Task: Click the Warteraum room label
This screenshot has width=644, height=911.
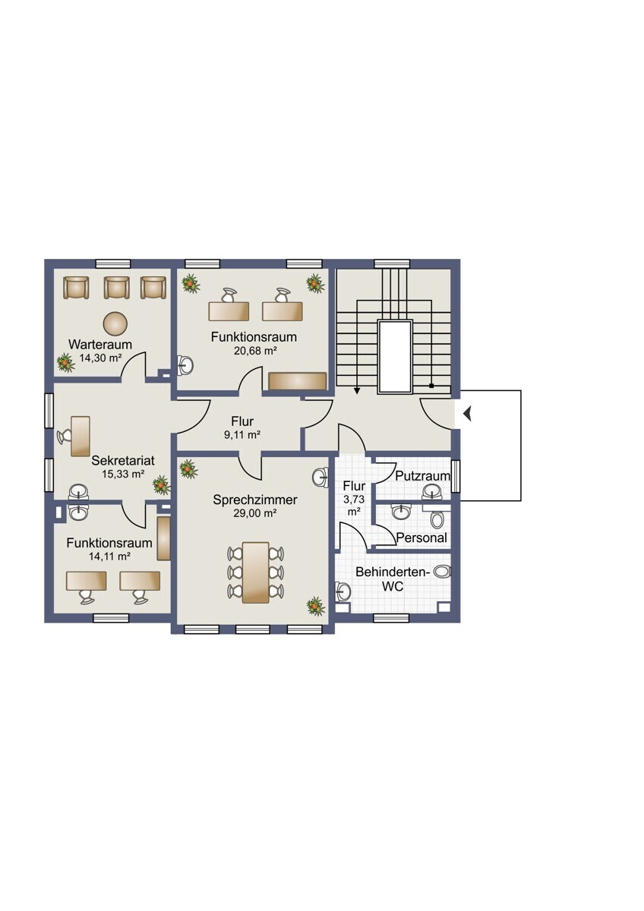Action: pyautogui.click(x=100, y=344)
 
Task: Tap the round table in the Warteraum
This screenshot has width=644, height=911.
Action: pyautogui.click(x=115, y=323)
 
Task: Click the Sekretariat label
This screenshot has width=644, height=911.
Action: pyautogui.click(x=123, y=460)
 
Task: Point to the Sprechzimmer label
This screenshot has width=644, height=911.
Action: pyautogui.click(x=255, y=500)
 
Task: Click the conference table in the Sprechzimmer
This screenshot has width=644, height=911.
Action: pyautogui.click(x=255, y=572)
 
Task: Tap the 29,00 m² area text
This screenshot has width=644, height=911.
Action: pyautogui.click(x=255, y=513)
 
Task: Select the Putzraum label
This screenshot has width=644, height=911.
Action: pyautogui.click(x=423, y=475)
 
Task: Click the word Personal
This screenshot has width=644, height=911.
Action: pyautogui.click(x=421, y=537)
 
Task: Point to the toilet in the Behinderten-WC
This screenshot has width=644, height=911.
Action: pyautogui.click(x=442, y=572)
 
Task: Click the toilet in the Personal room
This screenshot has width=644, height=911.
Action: pyautogui.click(x=437, y=519)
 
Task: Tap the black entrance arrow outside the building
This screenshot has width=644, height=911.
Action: pyautogui.click(x=467, y=415)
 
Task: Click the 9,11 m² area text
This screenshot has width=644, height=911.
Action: pyautogui.click(x=242, y=435)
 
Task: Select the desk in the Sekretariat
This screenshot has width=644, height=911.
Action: pyautogui.click(x=80, y=436)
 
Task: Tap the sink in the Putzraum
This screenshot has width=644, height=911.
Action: pyautogui.click(x=432, y=492)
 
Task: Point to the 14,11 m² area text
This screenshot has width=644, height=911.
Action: pyautogui.click(x=109, y=556)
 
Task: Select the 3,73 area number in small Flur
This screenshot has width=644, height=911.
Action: pyautogui.click(x=354, y=500)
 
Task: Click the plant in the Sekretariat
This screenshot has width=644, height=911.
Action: pyautogui.click(x=162, y=485)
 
